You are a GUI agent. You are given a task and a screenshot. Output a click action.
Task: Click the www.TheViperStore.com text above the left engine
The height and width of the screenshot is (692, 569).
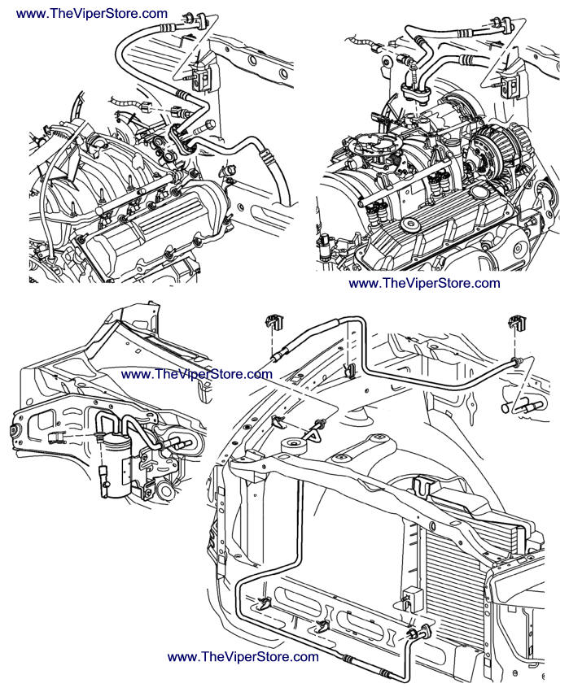tap(92, 14)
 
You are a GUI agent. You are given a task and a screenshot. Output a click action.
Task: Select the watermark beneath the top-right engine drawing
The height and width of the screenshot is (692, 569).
tap(424, 283)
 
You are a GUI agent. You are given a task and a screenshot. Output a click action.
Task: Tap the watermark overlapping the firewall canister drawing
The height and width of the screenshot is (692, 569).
tap(196, 374)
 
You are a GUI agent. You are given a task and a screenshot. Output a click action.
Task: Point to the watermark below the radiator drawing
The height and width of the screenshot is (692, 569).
tap(243, 657)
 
